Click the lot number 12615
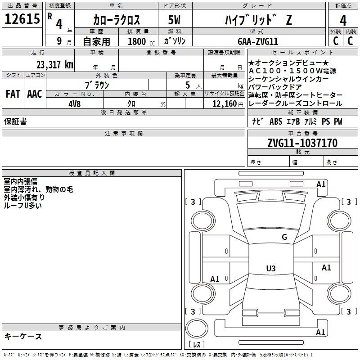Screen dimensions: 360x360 click(x=22, y=19)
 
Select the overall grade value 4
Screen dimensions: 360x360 click(x=343, y=21)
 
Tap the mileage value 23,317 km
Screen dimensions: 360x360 click(x=54, y=65)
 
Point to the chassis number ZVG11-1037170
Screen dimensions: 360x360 click(x=302, y=143)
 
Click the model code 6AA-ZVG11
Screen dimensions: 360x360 click(x=258, y=41)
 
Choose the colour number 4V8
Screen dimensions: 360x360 click(x=74, y=104)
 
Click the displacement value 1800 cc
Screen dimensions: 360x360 click(x=141, y=41)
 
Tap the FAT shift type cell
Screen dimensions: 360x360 click(x=13, y=94)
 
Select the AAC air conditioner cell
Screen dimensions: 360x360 click(x=35, y=94)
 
